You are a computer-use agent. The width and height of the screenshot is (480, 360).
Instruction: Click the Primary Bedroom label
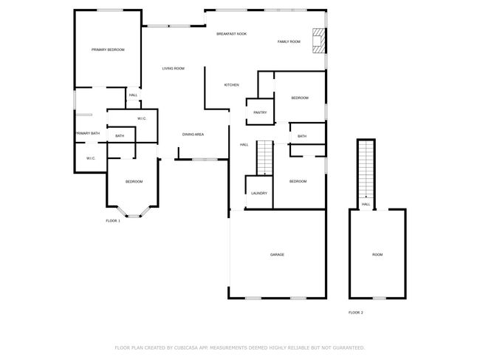108,50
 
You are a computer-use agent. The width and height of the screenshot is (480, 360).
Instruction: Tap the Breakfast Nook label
231,34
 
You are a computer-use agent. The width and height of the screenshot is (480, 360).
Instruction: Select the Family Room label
289,41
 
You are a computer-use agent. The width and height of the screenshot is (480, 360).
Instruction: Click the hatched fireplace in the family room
318,41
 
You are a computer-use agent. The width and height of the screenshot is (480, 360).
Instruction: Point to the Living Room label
174,68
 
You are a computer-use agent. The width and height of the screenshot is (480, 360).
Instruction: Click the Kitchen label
232,85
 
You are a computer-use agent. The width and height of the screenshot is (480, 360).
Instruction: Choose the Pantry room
260,112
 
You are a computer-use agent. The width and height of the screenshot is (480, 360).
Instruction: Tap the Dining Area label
193,135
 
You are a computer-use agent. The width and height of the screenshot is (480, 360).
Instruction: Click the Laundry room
259,192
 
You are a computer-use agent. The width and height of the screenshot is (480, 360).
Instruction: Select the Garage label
277,254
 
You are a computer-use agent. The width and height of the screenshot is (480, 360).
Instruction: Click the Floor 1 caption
113,220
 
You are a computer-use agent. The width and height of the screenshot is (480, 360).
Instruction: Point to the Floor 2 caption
356,313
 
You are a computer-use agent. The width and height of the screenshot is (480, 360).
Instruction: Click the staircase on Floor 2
366,169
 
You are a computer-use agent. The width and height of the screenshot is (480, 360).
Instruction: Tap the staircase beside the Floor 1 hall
265,157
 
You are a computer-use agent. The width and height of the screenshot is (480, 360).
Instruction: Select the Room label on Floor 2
377,254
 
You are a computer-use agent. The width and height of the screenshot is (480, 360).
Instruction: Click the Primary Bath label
88,133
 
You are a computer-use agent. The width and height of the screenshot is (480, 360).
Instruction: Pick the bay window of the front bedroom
134,212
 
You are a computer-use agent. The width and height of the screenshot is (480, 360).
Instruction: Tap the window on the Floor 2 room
380,298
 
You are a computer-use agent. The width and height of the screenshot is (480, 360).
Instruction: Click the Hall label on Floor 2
366,204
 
